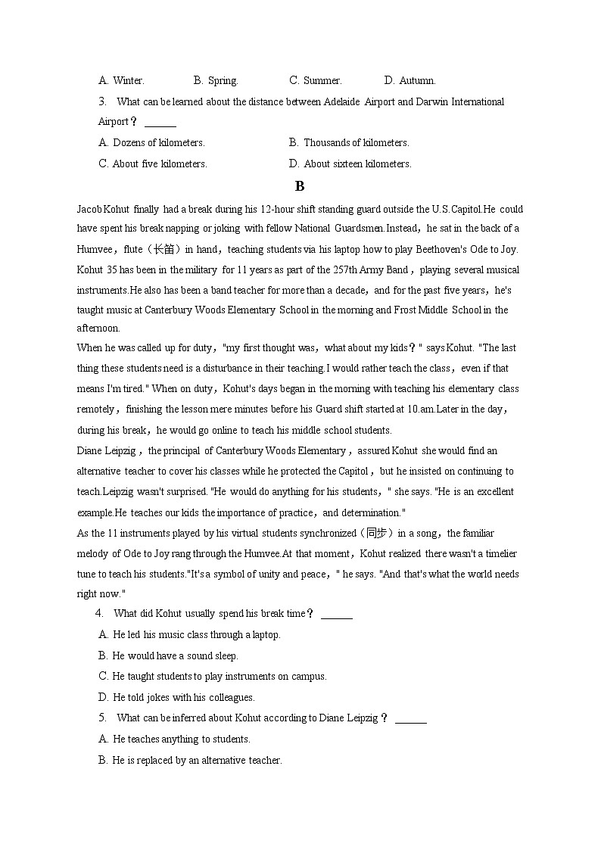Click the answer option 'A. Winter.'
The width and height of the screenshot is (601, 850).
tap(121, 80)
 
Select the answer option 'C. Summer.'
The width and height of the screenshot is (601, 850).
tap(315, 80)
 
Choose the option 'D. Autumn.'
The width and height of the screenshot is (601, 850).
tap(409, 80)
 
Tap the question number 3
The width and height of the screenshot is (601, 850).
tap(101, 101)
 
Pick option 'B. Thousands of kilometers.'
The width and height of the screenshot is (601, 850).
tap(348, 142)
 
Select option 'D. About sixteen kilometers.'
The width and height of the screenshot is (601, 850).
tap(350, 163)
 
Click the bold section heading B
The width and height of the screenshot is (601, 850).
tap(300, 186)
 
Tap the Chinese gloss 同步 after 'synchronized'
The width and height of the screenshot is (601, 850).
tap(375, 533)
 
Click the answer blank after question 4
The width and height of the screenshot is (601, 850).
tap(337, 614)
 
